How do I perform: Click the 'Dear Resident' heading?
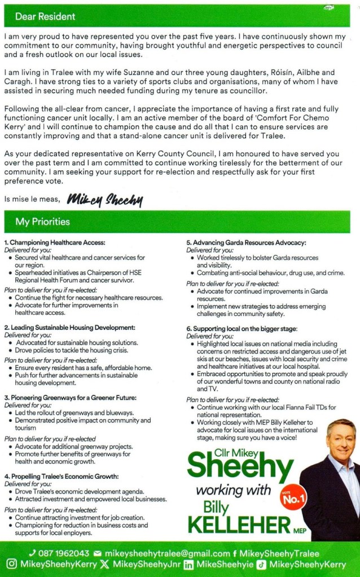[x=37, y=16]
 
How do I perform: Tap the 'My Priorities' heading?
[x=43, y=222]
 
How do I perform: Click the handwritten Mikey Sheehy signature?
[x=105, y=199]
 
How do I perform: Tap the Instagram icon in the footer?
[x=11, y=564]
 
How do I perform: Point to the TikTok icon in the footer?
[x=261, y=564]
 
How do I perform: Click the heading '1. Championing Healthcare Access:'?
[x=55, y=243]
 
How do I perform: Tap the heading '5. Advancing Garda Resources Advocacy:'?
[x=246, y=243]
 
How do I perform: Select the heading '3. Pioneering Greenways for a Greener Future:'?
[x=71, y=397]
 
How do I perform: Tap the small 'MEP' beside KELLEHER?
[x=300, y=530]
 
